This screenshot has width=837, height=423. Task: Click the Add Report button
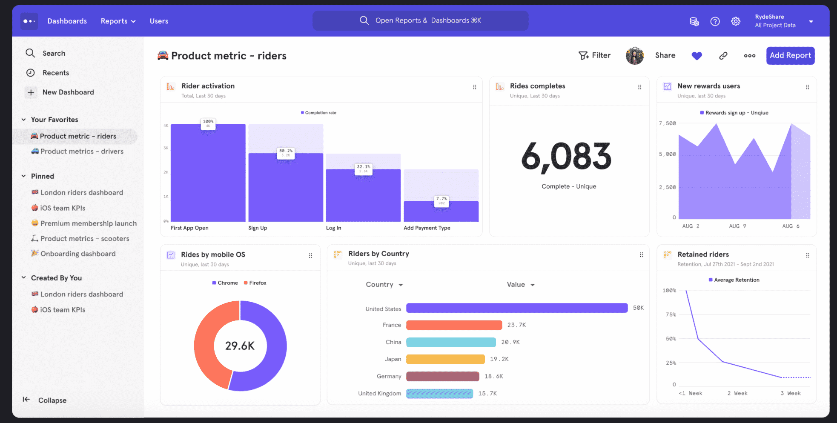tap(790, 56)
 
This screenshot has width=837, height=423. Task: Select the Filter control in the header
tap(595, 56)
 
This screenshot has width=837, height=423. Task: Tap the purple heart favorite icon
tap(697, 56)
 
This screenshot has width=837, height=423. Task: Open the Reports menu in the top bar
tap(118, 21)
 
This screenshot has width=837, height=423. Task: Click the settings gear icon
tap(736, 21)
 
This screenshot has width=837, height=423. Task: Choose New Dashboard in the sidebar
tap(68, 92)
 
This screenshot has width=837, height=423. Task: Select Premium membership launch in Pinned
tap(88, 223)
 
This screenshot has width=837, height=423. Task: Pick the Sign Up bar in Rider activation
tap(286, 187)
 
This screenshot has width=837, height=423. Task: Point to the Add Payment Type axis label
tap(427, 228)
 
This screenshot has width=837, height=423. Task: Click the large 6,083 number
tap(566, 157)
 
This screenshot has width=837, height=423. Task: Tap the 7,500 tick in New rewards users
tap(667, 123)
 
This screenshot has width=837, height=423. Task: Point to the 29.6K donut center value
tap(240, 346)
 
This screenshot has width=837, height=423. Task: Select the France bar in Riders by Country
tap(454, 325)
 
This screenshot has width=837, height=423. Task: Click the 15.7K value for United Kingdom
tap(487, 394)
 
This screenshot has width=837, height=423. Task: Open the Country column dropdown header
tap(384, 285)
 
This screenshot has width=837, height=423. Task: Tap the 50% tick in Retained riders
tap(671, 339)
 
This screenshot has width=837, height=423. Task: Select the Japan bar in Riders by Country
tap(445, 359)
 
